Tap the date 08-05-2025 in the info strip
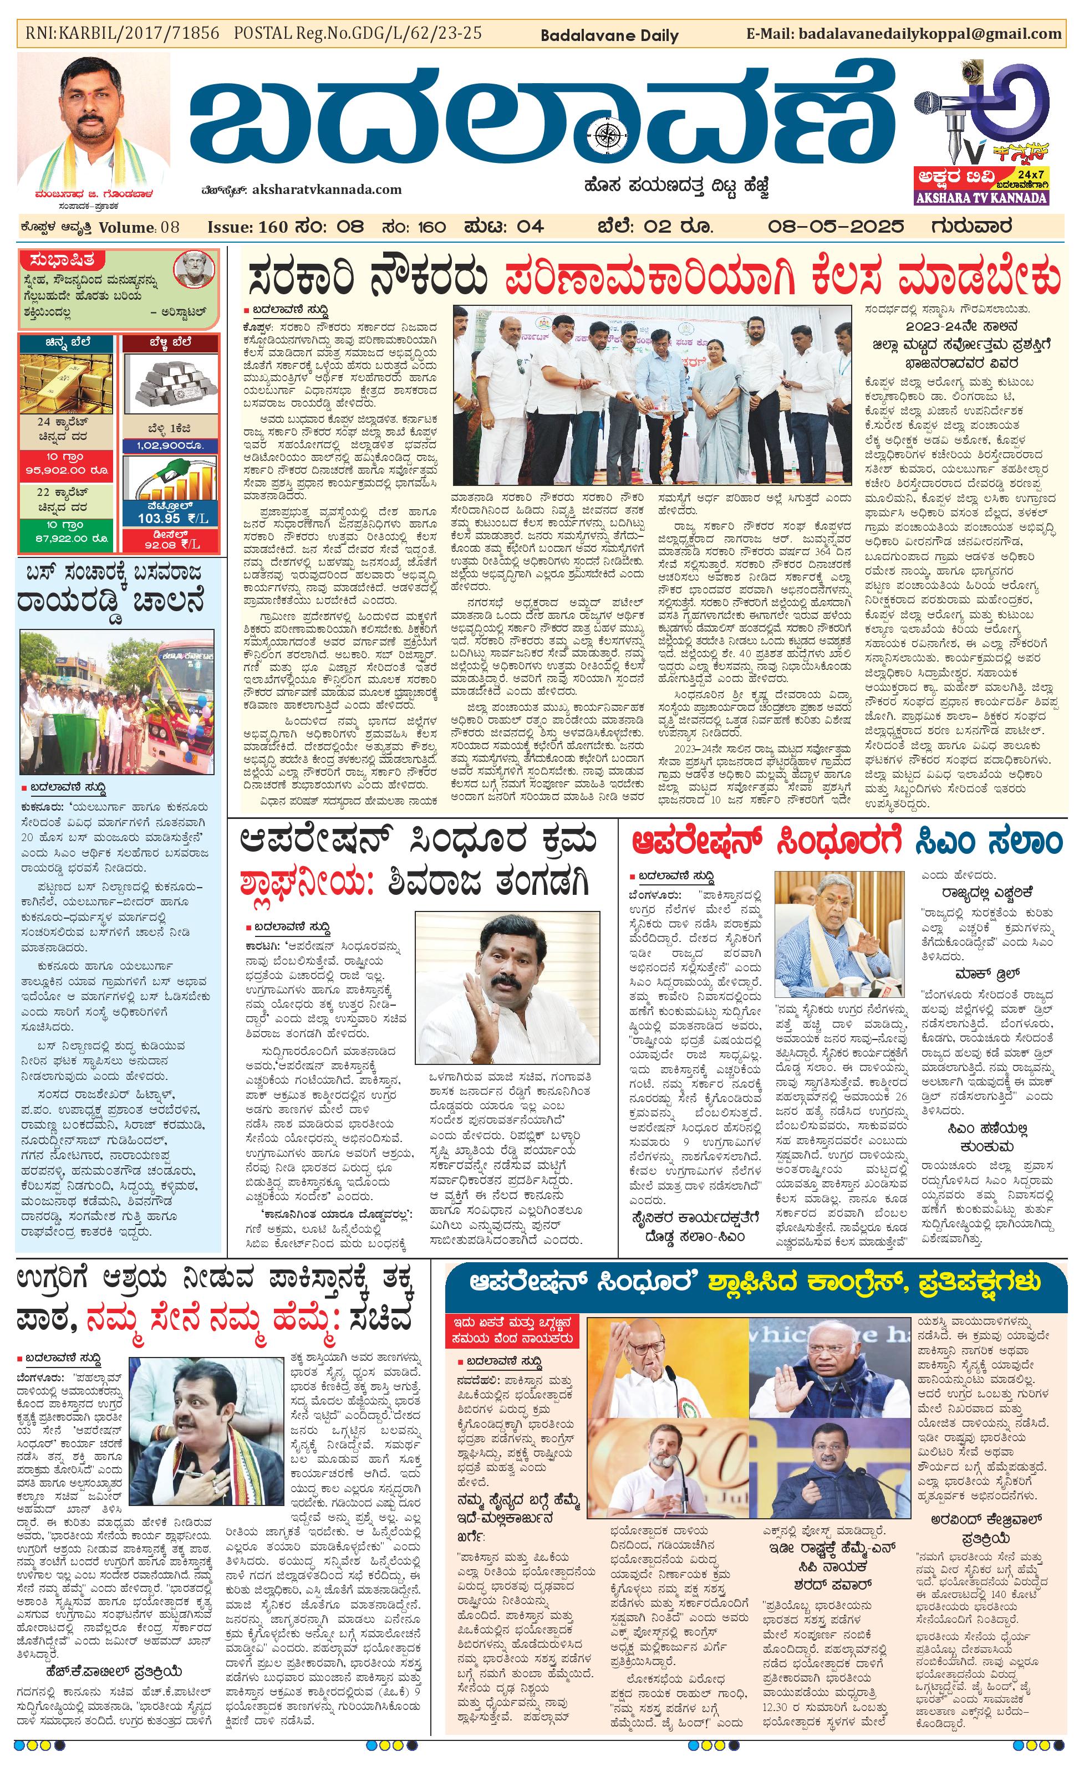(835, 227)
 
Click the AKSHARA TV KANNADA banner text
(981, 198)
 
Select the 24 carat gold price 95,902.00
(67, 470)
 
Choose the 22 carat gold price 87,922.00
(67, 538)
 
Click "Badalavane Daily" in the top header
(608, 35)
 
